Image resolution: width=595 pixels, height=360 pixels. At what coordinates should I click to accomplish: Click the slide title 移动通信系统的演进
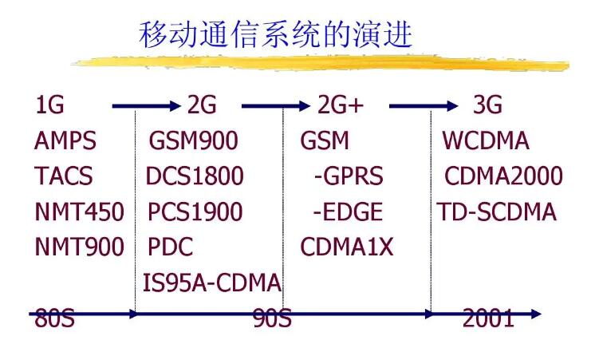click(276, 34)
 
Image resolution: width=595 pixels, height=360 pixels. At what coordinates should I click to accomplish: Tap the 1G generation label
click(49, 105)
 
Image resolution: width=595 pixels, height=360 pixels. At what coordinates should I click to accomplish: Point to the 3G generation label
click(488, 105)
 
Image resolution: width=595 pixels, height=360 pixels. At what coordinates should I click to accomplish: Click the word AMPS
click(65, 141)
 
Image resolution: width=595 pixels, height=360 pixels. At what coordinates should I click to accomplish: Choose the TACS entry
click(64, 176)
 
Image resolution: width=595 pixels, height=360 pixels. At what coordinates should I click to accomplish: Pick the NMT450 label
click(79, 212)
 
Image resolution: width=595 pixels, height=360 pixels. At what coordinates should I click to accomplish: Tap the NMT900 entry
click(79, 247)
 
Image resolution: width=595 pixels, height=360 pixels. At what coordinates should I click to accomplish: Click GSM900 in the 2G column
click(194, 141)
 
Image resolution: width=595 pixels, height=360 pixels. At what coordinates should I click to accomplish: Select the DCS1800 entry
click(195, 176)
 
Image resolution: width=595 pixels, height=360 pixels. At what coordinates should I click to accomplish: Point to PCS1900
click(195, 212)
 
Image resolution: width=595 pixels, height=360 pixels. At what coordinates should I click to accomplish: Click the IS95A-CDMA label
click(212, 282)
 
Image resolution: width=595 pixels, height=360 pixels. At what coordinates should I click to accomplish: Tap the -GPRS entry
click(348, 176)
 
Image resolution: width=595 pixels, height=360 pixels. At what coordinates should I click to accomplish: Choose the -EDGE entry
click(348, 212)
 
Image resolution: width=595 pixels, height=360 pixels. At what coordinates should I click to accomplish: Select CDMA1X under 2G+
click(347, 247)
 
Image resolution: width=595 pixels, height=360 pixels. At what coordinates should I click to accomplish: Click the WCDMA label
click(486, 141)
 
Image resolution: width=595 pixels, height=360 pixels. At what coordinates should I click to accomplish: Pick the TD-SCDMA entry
click(496, 212)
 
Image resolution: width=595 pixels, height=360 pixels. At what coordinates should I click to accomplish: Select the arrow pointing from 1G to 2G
click(148, 105)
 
